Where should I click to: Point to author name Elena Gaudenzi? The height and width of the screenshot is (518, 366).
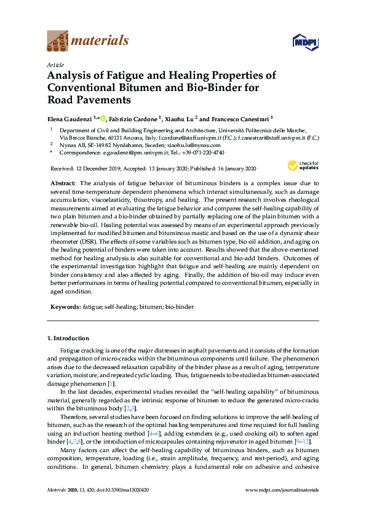click(x=69, y=118)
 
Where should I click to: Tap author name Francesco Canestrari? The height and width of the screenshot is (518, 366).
click(x=241, y=118)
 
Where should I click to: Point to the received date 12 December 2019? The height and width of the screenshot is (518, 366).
click(x=106, y=169)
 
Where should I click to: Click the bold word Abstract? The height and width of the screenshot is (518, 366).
click(x=63, y=183)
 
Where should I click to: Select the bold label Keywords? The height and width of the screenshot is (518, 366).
click(x=65, y=305)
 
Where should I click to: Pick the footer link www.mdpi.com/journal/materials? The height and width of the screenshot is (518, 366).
click(x=282, y=507)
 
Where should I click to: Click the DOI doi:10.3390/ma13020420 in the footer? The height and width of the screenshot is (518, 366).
click(x=130, y=507)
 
